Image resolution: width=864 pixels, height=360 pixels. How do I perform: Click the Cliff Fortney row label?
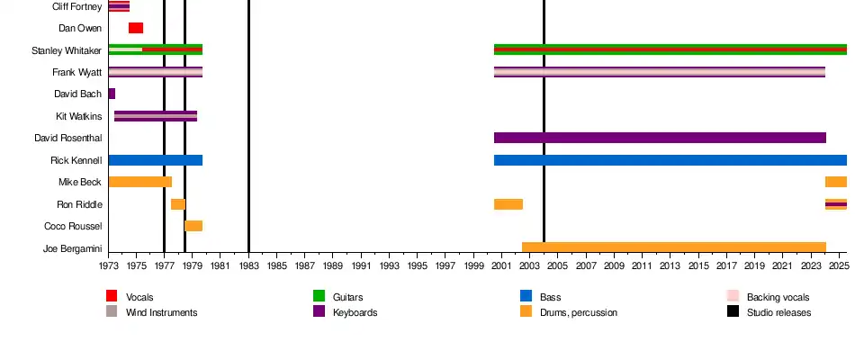pyautogui.click(x=76, y=6)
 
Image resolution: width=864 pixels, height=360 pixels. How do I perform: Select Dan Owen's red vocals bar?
pyautogui.click(x=136, y=28)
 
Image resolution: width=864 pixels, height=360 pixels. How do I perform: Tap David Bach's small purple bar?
pyautogui.click(x=112, y=94)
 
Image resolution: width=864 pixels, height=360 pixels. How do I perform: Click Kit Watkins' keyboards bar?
pyautogui.click(x=156, y=116)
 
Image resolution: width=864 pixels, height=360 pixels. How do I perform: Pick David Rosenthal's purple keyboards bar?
pyautogui.click(x=660, y=138)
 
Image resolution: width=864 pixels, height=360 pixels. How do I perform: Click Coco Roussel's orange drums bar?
pyautogui.click(x=193, y=226)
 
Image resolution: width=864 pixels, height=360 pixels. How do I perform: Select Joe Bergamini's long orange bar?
pyautogui.click(x=674, y=247)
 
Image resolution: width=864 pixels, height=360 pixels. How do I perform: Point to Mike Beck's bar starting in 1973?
pyautogui.click(x=139, y=182)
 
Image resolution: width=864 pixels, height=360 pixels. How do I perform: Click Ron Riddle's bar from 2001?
pyautogui.click(x=508, y=204)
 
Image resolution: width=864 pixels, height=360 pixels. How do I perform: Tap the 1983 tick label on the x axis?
pyautogui.click(x=248, y=266)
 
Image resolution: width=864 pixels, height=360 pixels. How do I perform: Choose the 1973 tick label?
pyautogui.click(x=108, y=266)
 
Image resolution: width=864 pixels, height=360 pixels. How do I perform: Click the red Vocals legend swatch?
pyautogui.click(x=112, y=296)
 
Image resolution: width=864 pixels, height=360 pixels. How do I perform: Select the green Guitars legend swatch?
pyautogui.click(x=319, y=296)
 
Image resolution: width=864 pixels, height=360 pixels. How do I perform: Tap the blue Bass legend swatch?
pyautogui.click(x=526, y=296)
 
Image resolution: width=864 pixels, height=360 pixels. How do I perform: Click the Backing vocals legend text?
pyautogui.click(x=778, y=297)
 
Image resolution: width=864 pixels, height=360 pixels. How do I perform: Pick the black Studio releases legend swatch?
pyautogui.click(x=733, y=311)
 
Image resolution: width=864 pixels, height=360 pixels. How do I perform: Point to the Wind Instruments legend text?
pyautogui.click(x=161, y=312)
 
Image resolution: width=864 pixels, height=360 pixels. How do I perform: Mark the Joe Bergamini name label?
pyautogui.click(x=72, y=247)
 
